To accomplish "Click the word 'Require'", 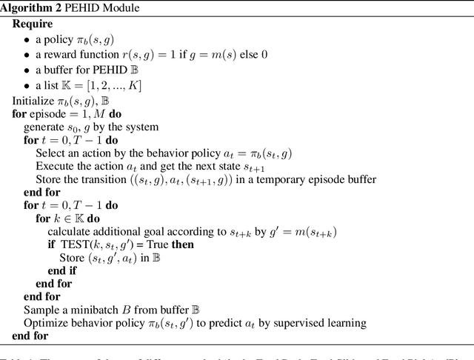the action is [33, 24].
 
